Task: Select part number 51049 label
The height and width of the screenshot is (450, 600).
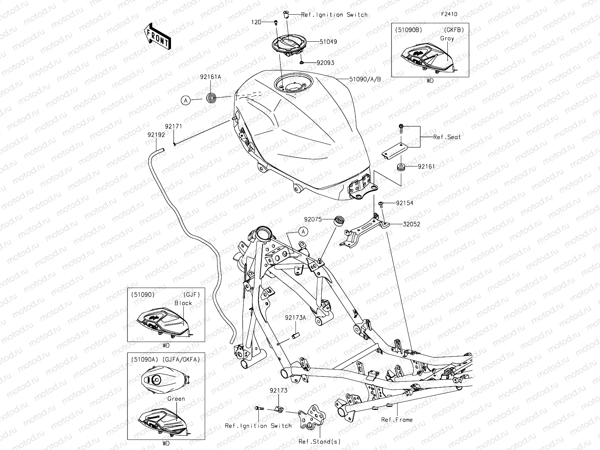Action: (x=328, y=42)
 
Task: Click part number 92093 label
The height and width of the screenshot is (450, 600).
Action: (x=325, y=63)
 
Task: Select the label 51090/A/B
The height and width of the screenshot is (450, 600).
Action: (x=365, y=79)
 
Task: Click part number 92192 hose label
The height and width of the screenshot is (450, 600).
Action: (x=156, y=135)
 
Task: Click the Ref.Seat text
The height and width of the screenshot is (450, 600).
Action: (x=447, y=137)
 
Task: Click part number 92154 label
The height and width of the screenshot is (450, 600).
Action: (x=405, y=203)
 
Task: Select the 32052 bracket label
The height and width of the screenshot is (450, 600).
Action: (x=411, y=224)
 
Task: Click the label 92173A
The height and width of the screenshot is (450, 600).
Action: (x=295, y=317)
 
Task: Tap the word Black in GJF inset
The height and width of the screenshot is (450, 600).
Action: (x=183, y=303)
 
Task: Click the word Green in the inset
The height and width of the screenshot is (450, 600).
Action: (x=176, y=399)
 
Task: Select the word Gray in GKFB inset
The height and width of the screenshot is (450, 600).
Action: (x=447, y=38)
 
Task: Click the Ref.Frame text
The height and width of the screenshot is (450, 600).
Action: (x=397, y=420)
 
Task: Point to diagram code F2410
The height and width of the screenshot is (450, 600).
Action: (x=449, y=14)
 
